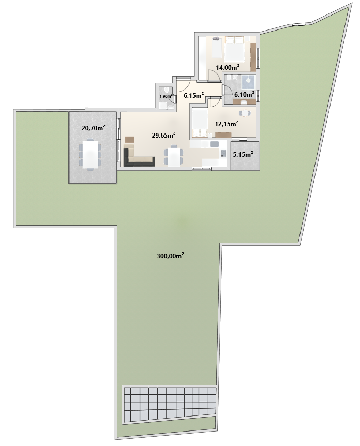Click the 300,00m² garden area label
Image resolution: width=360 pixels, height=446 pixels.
coord(170,256)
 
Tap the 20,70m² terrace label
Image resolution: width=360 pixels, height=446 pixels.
coord(93,128)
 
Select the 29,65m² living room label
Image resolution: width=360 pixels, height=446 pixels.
coord(163,135)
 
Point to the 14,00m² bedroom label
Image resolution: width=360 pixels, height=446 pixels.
coord(228,67)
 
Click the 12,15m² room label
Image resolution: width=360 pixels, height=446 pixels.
coord(227,124)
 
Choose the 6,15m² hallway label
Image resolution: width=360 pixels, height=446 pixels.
coord(194,95)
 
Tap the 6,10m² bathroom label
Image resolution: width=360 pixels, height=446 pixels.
coord(244,94)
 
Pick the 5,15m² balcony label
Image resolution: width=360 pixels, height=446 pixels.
coord(243,155)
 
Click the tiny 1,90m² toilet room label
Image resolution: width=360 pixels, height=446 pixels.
coord(166,96)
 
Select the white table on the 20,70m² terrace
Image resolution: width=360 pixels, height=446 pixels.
coord(90,155)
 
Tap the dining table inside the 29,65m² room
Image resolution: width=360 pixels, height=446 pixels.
coord(173,156)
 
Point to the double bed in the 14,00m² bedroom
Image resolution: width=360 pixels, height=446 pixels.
coord(234,50)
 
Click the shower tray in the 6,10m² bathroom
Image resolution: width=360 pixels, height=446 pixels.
coord(248,81)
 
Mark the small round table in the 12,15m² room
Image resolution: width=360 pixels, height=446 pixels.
coord(245,113)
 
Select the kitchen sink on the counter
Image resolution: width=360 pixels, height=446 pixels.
coord(214,144)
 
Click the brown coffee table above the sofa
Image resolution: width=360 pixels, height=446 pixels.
coord(129,140)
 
